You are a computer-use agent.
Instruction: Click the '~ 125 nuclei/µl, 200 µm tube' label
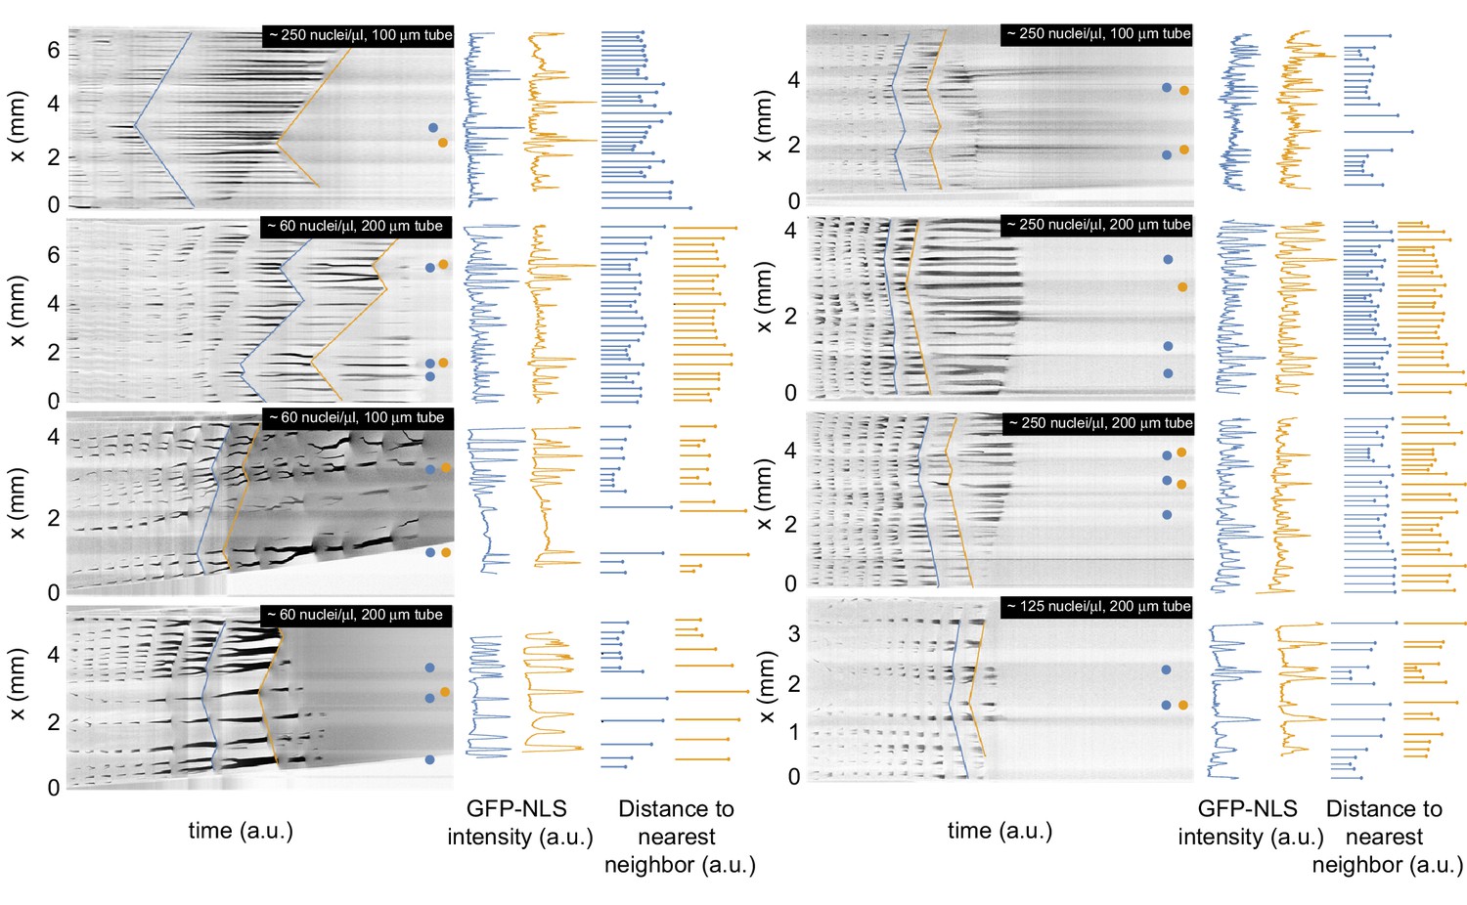click(1097, 607)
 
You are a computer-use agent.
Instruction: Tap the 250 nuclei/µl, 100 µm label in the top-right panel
click(1097, 34)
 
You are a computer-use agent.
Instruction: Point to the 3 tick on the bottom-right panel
click(794, 634)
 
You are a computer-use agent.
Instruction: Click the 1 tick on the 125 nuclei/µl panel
click(794, 732)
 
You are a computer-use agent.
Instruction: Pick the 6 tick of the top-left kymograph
click(54, 50)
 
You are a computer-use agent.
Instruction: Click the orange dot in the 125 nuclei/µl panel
click(1183, 705)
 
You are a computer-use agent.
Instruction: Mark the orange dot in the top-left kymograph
click(443, 143)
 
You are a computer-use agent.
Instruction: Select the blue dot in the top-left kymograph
click(433, 128)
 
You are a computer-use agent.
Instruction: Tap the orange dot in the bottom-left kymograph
click(445, 692)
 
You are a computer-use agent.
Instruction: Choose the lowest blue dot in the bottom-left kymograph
click(430, 759)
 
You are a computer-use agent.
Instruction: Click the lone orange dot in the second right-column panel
click(1182, 287)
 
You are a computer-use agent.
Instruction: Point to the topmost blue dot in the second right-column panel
click(1168, 260)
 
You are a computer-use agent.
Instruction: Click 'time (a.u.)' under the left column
click(241, 831)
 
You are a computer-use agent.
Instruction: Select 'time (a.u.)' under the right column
click(1000, 831)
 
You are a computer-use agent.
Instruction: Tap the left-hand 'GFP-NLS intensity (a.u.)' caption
click(519, 823)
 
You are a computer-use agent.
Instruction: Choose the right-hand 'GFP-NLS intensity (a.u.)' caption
click(1250, 823)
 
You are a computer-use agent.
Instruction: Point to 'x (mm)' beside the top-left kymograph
click(18, 127)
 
